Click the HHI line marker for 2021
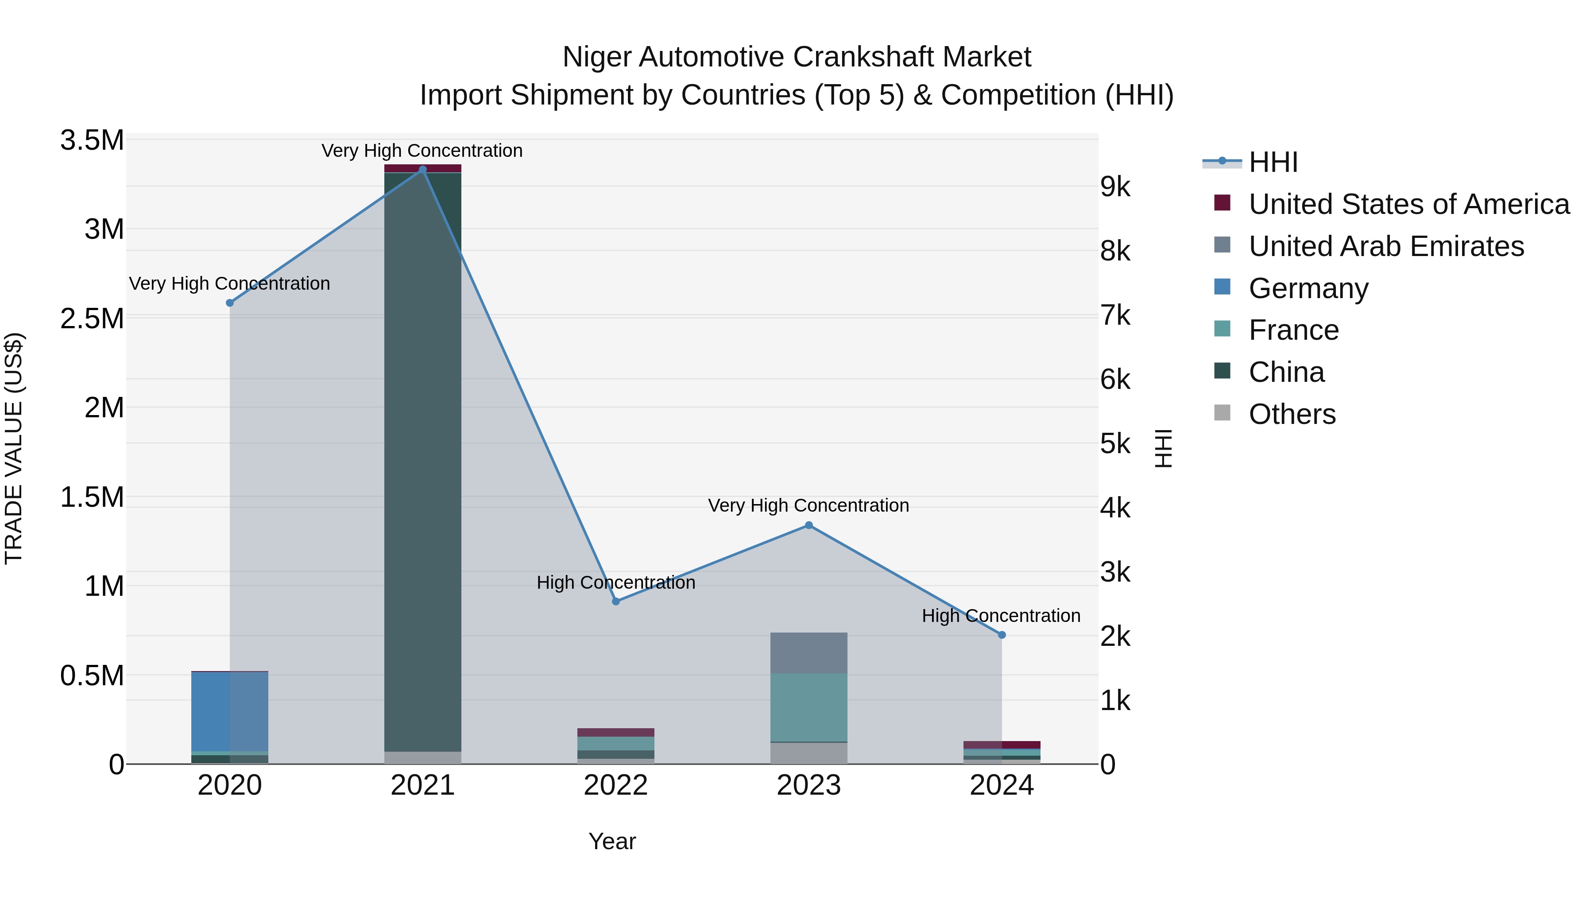[423, 170]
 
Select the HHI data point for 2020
[229, 303]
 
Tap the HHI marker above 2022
[616, 601]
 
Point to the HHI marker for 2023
[809, 525]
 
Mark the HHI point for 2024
[1002, 634]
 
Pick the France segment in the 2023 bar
[809, 707]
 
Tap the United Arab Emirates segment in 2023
[809, 652]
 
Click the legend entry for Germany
[1308, 288]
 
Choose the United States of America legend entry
[1408, 204]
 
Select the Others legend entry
[1292, 414]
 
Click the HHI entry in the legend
[1273, 162]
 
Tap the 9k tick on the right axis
[1115, 187]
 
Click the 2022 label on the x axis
[616, 785]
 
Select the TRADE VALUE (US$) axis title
[14, 448]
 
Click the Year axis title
[612, 841]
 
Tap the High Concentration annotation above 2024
[1001, 616]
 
